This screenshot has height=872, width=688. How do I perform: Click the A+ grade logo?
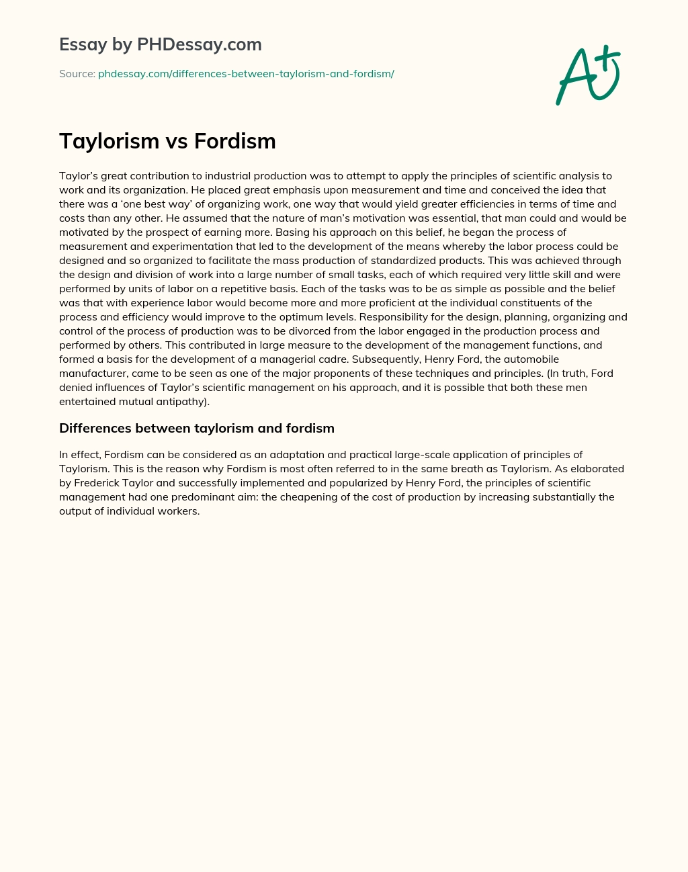point(588,75)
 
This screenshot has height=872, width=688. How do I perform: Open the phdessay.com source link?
point(246,74)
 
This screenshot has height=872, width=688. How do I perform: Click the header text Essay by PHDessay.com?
point(160,44)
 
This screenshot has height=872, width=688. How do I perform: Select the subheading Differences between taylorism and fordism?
point(197,428)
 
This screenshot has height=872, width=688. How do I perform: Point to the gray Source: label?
point(77,74)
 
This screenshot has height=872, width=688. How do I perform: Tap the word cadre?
point(327,359)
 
